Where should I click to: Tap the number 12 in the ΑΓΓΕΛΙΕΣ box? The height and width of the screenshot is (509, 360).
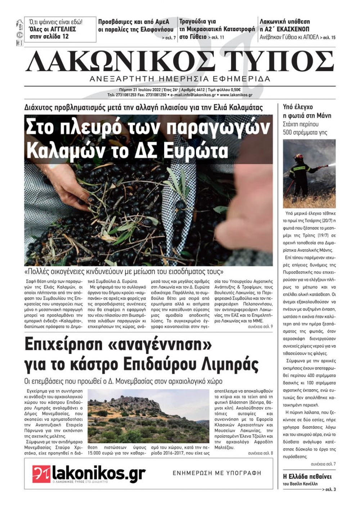click(x=65, y=36)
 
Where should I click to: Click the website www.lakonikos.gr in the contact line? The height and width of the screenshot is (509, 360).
click(x=236, y=95)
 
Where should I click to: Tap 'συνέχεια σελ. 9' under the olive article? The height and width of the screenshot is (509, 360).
click(x=260, y=327)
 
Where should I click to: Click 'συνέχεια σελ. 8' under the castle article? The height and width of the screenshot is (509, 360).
click(x=260, y=453)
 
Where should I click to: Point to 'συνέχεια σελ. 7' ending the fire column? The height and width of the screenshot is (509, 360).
click(x=323, y=464)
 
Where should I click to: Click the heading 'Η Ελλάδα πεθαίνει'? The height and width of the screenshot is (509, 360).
click(x=307, y=477)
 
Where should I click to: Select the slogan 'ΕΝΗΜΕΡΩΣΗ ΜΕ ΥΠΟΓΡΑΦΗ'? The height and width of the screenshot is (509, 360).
click(x=217, y=473)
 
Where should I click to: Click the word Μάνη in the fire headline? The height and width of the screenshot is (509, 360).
click(x=324, y=115)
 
